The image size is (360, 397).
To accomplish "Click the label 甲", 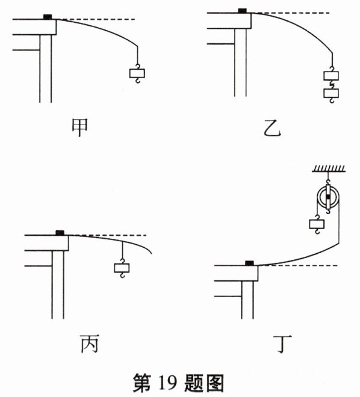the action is [x=80, y=128].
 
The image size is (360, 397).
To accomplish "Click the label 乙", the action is [x=272, y=128].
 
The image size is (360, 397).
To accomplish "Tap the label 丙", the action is [x=90, y=343].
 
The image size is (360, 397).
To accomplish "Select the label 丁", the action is [x=282, y=344].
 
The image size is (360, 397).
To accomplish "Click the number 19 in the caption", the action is [x=167, y=383].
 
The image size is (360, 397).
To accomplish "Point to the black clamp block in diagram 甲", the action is [x=48, y=17].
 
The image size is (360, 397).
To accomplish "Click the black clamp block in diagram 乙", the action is [x=242, y=11].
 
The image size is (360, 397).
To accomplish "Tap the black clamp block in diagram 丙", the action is [x=60, y=233].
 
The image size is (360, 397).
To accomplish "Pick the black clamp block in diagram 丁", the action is [x=249, y=263].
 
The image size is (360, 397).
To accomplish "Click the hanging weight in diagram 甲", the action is [x=137, y=73].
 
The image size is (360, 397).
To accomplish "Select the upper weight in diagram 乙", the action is [x=331, y=76].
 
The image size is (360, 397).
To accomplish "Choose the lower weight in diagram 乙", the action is [x=331, y=93].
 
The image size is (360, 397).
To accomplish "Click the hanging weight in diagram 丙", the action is [x=122, y=268].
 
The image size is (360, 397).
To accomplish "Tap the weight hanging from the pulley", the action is [x=317, y=224].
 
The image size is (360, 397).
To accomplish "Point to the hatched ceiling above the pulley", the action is [x=328, y=168].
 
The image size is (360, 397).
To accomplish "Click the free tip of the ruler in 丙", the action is [x=152, y=253].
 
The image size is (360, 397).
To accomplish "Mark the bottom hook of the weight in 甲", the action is [x=137, y=81].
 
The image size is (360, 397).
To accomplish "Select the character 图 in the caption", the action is [x=216, y=383].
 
